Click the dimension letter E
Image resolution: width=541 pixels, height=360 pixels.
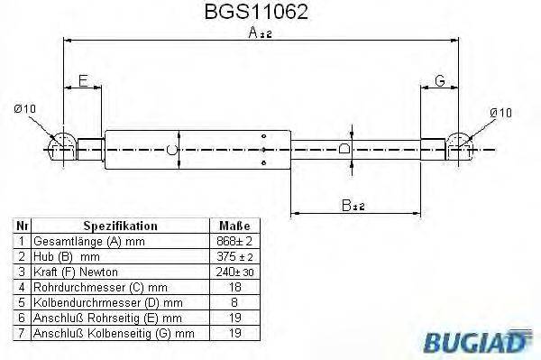coord(83,81)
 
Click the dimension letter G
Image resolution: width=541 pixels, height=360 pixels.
coord(440,81)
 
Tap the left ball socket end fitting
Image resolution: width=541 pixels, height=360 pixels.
coord(61,144)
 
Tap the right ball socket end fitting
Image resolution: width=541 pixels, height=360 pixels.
coord(462,144)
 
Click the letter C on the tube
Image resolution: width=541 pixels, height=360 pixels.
coord(174,149)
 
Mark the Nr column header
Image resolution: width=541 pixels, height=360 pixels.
coord(22,226)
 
